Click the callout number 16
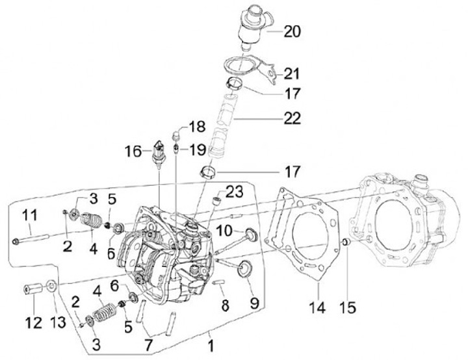click(133, 152)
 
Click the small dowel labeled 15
click(346, 243)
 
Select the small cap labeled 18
click(175, 135)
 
